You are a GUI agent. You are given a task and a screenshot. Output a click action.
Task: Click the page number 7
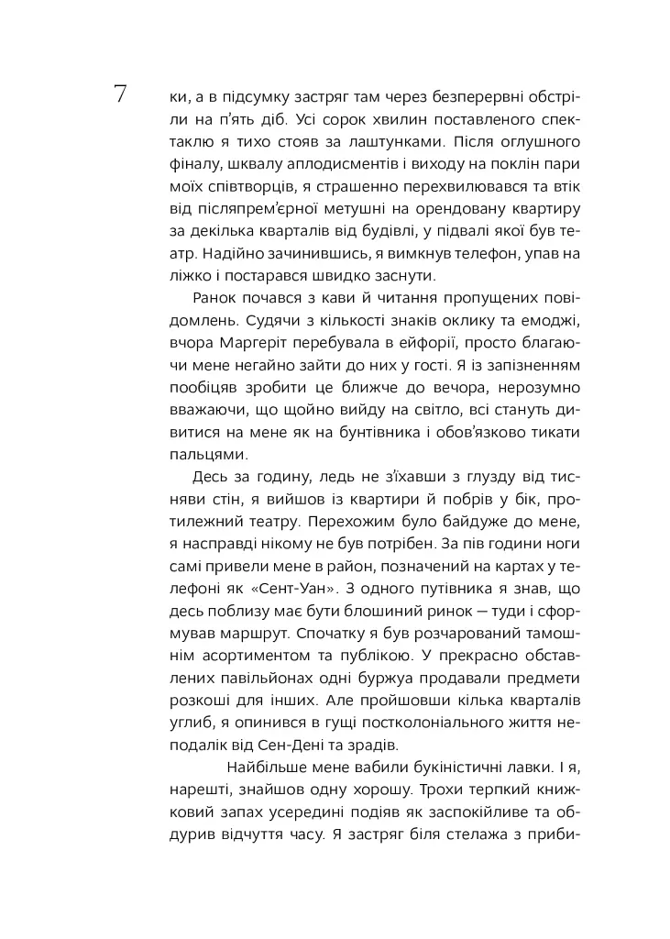pos(120,94)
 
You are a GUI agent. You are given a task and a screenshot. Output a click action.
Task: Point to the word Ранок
pos(215,299)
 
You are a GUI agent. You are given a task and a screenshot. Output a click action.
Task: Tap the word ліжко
pos(191,275)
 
